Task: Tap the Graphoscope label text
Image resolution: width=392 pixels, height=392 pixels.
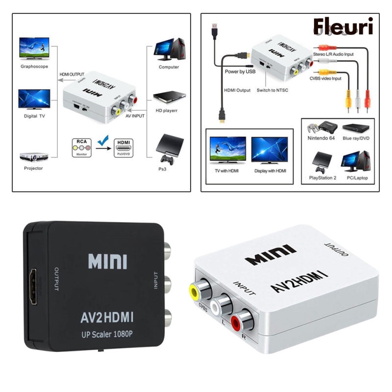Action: point(34,67)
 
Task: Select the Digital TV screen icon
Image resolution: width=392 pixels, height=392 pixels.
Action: point(34,99)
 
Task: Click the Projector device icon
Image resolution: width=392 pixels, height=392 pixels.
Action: point(33,156)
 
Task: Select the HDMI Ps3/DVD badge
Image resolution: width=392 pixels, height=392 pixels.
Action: point(124,147)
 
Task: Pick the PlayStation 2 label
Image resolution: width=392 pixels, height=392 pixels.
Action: point(322,178)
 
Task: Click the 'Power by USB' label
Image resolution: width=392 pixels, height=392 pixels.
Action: point(240,72)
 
